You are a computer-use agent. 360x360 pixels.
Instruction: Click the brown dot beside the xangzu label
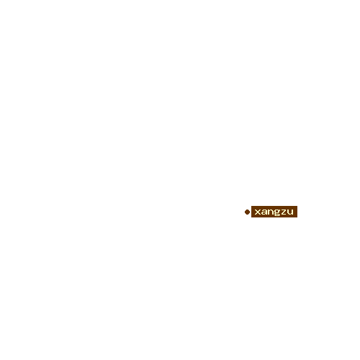[247, 212]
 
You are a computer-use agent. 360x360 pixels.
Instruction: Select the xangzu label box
[274, 212]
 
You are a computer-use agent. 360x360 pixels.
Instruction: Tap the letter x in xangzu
[258, 212]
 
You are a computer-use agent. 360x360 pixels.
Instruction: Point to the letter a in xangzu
[264, 212]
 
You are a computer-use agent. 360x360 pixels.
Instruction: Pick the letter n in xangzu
[271, 212]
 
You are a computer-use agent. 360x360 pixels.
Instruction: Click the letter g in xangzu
[277, 212]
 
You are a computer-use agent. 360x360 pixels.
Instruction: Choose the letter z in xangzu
[284, 212]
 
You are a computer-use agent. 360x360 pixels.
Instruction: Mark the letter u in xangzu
[290, 212]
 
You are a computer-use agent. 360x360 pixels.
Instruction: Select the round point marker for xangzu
[247, 212]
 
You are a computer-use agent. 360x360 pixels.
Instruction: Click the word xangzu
[274, 212]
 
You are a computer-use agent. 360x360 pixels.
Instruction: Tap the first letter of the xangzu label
[258, 212]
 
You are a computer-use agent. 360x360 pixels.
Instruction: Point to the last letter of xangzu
[290, 212]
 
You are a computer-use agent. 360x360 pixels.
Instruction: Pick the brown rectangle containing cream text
[274, 212]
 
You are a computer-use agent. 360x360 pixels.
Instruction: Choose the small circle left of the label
[247, 212]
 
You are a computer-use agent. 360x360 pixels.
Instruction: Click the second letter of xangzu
[264, 212]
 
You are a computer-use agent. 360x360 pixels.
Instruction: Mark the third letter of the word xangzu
[271, 212]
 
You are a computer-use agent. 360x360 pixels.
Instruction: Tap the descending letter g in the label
[277, 212]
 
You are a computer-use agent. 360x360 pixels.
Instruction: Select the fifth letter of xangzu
[284, 212]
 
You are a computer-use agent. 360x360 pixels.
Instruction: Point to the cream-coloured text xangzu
[274, 212]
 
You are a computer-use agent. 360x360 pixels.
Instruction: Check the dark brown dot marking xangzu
[247, 212]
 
